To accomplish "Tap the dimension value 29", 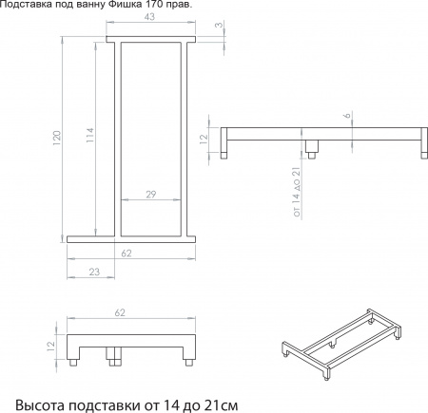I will [x=152, y=195].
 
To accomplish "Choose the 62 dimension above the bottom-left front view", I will [x=120, y=311].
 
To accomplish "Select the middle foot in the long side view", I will [x=310, y=149].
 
